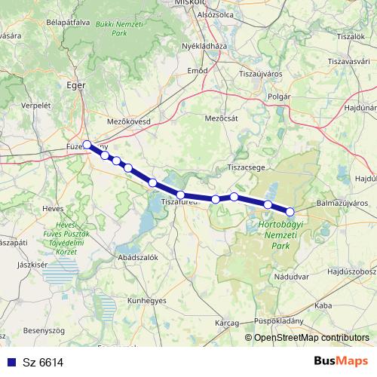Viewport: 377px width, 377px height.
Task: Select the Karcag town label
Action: click(225, 322)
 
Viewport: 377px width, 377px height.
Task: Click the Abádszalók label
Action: click(135, 257)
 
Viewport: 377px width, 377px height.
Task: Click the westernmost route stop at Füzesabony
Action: click(87, 144)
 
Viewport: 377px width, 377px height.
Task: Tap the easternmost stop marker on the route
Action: click(290, 211)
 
